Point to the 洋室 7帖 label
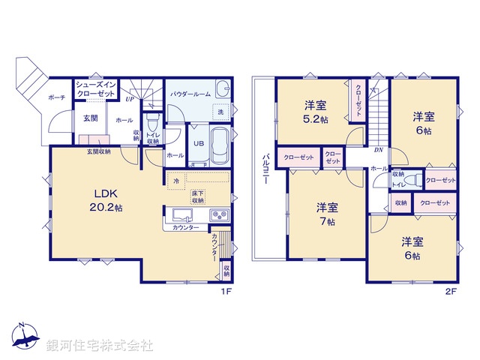(325, 214)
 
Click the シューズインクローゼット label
(94, 90)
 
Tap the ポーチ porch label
(56, 97)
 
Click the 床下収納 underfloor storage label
(198, 196)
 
